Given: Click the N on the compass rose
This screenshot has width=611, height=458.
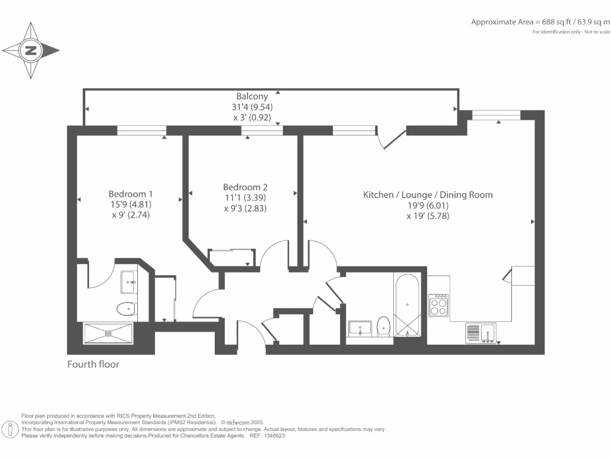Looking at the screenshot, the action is [x=31, y=50].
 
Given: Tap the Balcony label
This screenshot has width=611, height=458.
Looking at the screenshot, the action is [x=252, y=96].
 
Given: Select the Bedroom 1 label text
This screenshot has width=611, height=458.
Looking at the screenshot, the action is [x=131, y=194].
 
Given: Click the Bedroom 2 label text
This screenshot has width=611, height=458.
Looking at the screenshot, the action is [x=245, y=187].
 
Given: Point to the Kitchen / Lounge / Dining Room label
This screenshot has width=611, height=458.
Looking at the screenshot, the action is [x=428, y=195].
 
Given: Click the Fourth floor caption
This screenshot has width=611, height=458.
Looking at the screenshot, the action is [x=93, y=364].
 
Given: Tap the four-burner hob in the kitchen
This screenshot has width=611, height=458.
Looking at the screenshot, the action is [x=439, y=305].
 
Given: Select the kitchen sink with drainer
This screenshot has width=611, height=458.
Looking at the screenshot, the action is [x=481, y=333].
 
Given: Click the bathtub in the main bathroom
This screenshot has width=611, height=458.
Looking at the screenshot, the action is [x=407, y=305].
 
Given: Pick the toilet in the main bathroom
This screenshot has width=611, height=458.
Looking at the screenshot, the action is [x=384, y=326].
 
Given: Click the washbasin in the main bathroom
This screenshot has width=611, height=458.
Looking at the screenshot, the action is [x=360, y=329].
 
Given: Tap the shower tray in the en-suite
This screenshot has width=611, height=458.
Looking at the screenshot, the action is [x=108, y=333].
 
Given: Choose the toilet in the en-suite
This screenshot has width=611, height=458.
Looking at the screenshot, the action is [x=126, y=310].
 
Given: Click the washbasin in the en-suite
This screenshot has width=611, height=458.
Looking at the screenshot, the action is [x=129, y=282].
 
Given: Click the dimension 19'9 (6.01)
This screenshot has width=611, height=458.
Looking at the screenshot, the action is [x=428, y=206].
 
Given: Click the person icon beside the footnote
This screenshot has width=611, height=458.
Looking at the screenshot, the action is [x=10, y=430].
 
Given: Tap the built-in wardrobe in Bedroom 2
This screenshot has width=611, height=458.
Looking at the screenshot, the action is [x=232, y=258].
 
